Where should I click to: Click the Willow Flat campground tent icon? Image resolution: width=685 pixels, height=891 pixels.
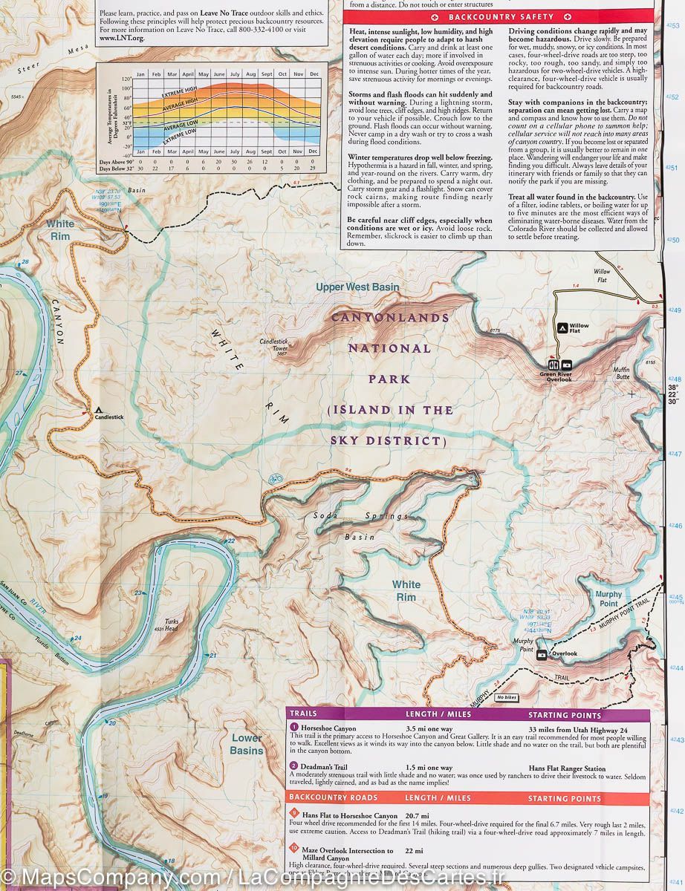tap(562, 327)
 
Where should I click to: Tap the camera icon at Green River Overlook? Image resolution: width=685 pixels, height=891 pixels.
tap(567, 365)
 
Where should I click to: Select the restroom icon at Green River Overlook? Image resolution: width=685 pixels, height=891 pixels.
tap(553, 365)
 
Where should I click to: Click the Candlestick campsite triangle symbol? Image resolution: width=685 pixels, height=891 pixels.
tap(98, 409)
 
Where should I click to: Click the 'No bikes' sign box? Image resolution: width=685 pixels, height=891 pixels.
tap(507, 697)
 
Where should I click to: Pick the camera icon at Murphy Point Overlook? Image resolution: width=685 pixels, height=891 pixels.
tap(542, 654)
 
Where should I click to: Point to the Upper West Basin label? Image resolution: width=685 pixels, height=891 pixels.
tap(357, 287)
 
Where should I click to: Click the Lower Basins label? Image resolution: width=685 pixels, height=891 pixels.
tap(246, 744)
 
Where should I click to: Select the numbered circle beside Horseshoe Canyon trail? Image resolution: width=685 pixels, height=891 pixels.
tap(294, 727)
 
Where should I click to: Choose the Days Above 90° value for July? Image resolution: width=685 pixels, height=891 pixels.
tap(235, 162)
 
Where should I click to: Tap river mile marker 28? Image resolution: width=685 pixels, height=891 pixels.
tap(25, 262)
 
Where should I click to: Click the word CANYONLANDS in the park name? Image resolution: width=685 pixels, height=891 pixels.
tap(390, 318)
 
